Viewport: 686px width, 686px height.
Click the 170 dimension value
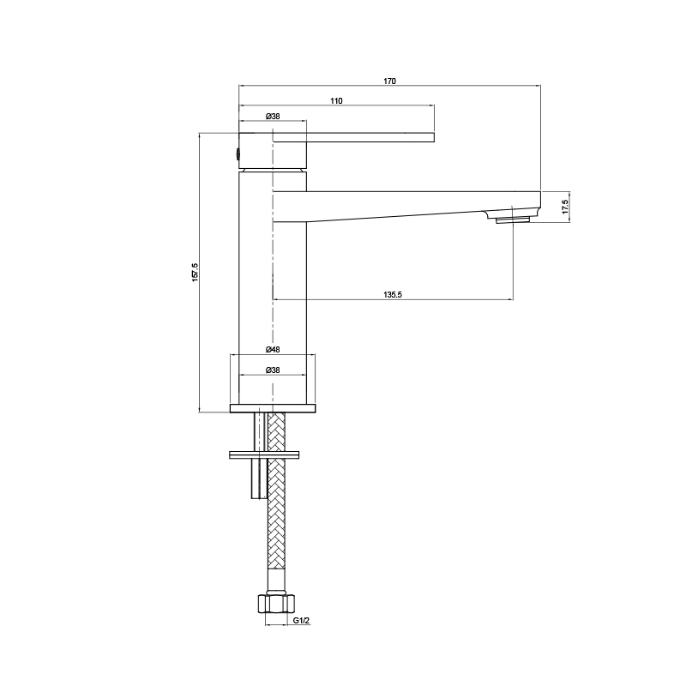389,81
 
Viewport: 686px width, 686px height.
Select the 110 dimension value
336,101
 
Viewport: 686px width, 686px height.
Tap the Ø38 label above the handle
273,117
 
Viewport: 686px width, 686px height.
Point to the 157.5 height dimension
196,272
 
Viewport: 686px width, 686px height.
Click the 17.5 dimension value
565,207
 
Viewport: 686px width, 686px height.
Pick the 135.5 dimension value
393,295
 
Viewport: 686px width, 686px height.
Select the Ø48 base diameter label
273,350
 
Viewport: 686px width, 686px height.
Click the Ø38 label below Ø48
273,370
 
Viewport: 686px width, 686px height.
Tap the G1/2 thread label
302,620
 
